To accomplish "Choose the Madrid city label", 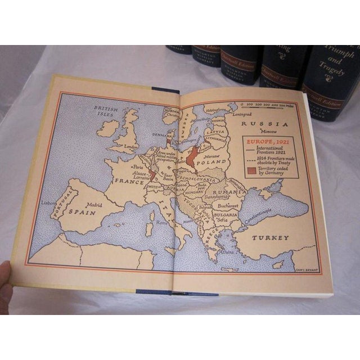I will click(93, 205).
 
